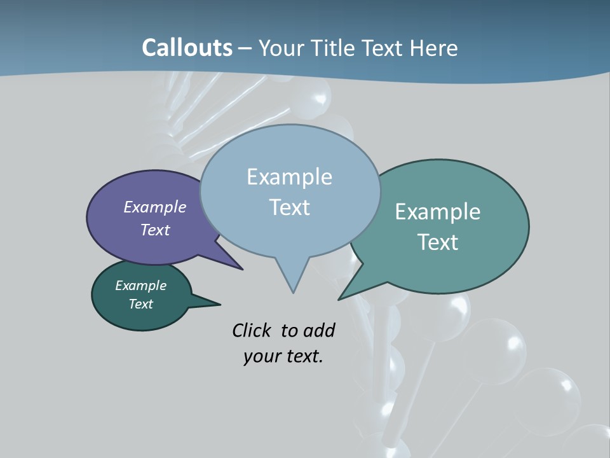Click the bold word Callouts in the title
click(187, 48)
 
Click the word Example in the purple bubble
click(155, 207)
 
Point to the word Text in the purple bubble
click(155, 230)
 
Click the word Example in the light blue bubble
click(289, 177)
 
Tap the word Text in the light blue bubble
click(289, 207)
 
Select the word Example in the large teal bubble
click(438, 212)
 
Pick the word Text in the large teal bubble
click(438, 242)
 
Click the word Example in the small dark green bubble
click(140, 286)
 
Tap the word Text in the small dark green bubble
click(140, 304)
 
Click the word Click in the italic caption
click(253, 330)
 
